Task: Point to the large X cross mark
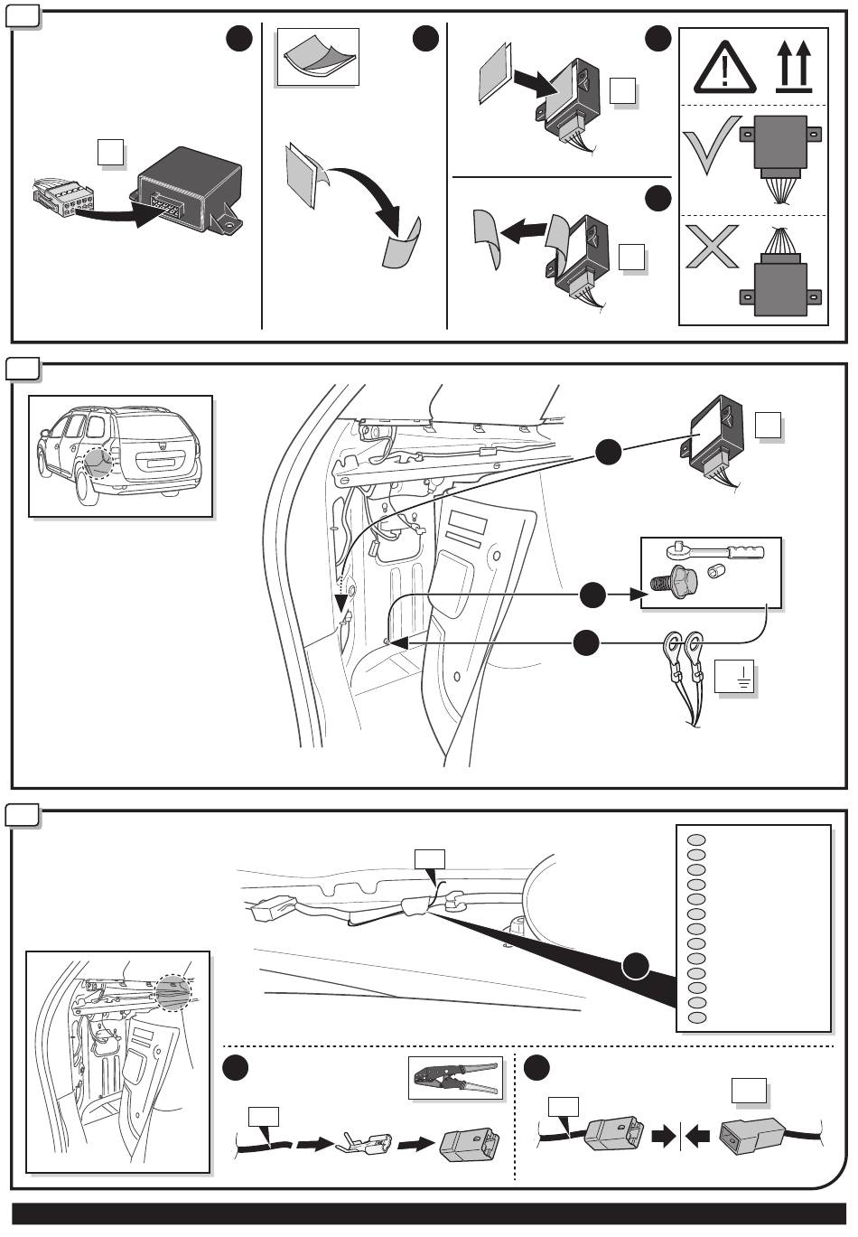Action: (x=713, y=246)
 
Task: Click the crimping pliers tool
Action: (x=455, y=1077)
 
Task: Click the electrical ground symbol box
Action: (x=734, y=676)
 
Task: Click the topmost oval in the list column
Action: (x=696, y=839)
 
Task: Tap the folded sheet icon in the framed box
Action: (x=318, y=56)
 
